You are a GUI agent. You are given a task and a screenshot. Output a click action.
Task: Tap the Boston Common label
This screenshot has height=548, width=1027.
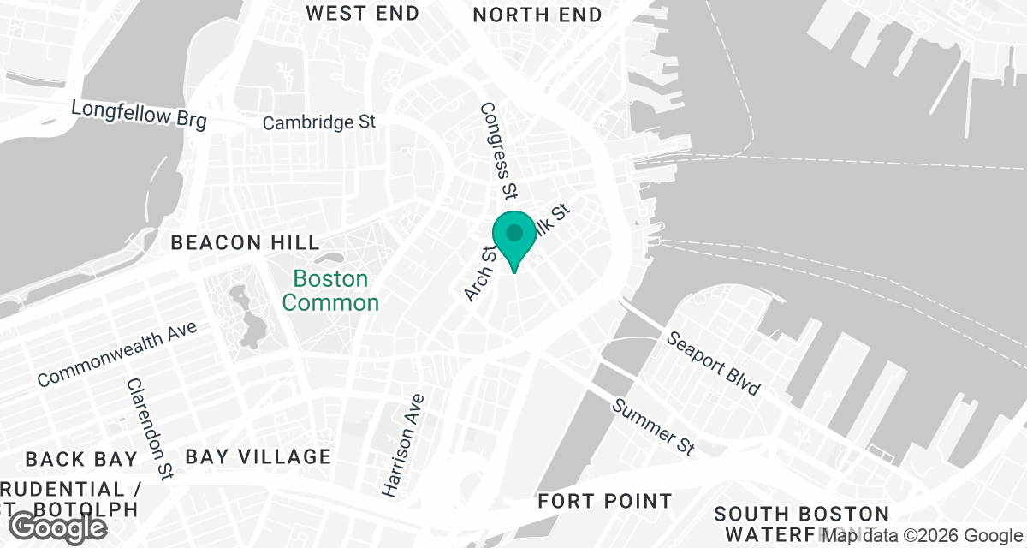(330, 290)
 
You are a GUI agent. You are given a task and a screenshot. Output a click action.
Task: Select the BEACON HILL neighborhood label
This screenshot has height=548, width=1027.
(245, 242)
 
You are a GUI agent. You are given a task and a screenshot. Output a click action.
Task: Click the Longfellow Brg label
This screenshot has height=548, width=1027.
(139, 114)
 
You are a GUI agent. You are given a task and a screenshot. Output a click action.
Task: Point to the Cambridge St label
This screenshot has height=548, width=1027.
(319, 122)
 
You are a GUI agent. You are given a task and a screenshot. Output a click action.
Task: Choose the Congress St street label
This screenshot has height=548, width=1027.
(500, 148)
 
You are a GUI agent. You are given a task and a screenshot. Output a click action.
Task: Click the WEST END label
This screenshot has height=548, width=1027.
(363, 13)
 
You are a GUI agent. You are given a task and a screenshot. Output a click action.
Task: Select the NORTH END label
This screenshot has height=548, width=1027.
(537, 15)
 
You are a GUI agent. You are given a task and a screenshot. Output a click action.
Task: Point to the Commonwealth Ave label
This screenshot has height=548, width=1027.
(117, 353)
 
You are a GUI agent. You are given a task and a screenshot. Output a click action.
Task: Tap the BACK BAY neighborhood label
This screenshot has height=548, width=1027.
(81, 459)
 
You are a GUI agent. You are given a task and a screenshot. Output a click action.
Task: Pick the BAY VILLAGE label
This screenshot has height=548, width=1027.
(258, 456)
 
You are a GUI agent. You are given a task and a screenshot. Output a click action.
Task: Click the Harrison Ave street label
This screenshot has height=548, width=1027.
(403, 445)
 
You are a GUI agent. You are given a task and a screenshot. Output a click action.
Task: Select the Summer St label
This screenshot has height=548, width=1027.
(654, 426)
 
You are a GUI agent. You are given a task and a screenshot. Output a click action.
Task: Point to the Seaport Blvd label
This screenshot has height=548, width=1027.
(714, 363)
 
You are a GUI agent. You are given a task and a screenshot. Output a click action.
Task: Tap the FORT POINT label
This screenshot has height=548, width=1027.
(605, 501)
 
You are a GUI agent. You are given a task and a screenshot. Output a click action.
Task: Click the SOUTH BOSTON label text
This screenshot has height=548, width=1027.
(802, 514)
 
